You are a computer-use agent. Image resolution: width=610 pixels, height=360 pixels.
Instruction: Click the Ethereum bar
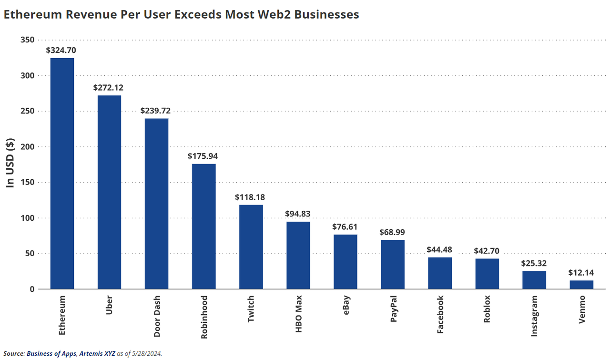tap(62, 174)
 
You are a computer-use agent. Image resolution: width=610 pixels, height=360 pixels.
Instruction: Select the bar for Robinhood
tap(204, 226)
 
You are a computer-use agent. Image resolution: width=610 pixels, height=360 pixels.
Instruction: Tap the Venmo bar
tap(581, 285)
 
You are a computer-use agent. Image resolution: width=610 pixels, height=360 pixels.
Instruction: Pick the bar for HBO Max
tap(298, 255)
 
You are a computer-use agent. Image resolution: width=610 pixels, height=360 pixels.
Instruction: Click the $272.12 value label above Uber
tap(109, 88)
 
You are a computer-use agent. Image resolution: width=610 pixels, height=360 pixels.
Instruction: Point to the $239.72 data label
tap(155, 111)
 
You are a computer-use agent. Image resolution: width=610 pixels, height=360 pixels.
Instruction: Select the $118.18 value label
tap(250, 197)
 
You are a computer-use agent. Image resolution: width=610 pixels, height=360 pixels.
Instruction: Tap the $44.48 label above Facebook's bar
tap(439, 250)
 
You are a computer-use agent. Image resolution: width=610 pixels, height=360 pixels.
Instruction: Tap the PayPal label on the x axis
tap(393, 309)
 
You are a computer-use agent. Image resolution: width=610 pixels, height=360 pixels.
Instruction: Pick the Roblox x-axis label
tap(487, 309)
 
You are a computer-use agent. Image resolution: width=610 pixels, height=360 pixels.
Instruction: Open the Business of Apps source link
tap(49, 354)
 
